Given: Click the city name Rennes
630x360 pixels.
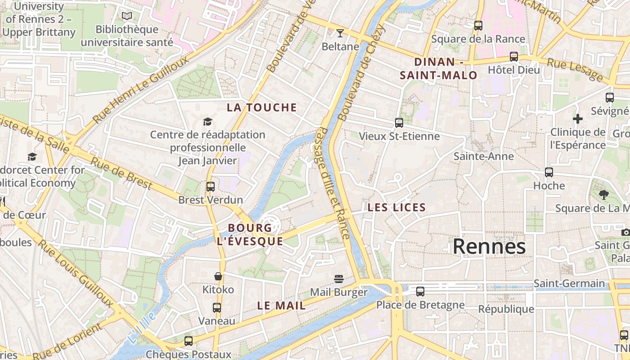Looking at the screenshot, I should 489,247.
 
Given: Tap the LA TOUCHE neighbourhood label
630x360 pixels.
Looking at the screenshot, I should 262,108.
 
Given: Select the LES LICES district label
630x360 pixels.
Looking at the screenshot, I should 396,207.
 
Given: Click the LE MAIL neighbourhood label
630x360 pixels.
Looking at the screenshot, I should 281,306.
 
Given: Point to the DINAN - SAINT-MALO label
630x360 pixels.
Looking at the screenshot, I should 439,68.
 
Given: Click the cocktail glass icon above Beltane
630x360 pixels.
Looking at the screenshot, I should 340,33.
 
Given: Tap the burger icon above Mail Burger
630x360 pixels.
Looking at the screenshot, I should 339,279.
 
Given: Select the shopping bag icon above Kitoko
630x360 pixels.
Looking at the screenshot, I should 218,276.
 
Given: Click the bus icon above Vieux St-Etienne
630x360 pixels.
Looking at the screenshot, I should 399,122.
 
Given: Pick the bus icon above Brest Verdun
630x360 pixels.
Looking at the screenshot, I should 210,186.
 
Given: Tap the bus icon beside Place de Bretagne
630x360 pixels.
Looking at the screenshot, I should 420,291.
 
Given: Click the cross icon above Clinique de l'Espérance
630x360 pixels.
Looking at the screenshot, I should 578,119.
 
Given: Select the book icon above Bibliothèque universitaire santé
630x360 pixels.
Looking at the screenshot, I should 127,16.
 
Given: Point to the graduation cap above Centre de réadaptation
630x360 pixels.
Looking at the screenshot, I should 207,121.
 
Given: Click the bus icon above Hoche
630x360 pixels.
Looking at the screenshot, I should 549,172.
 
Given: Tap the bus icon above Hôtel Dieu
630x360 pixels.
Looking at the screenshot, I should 513,57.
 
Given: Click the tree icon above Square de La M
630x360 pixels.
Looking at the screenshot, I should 603,194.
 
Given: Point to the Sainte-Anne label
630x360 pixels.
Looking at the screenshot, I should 483,156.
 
